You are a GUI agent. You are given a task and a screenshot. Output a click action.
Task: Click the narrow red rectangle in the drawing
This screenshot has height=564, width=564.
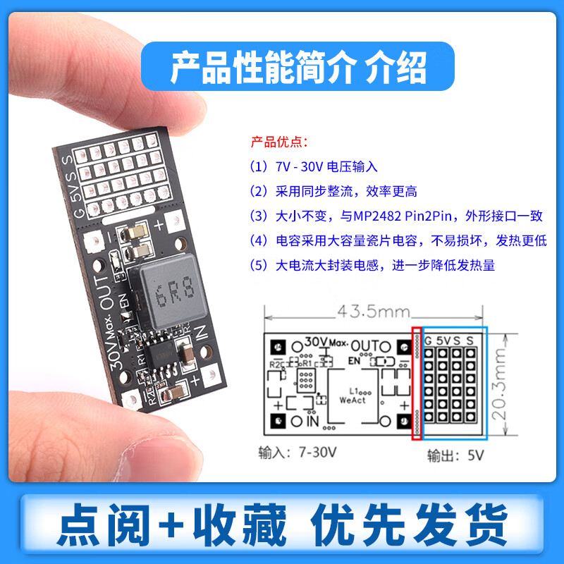coord(416,384)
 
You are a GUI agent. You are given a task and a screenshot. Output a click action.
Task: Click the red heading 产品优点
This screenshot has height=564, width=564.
coord(279,142)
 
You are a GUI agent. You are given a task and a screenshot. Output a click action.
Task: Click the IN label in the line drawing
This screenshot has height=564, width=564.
coord(312,422)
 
